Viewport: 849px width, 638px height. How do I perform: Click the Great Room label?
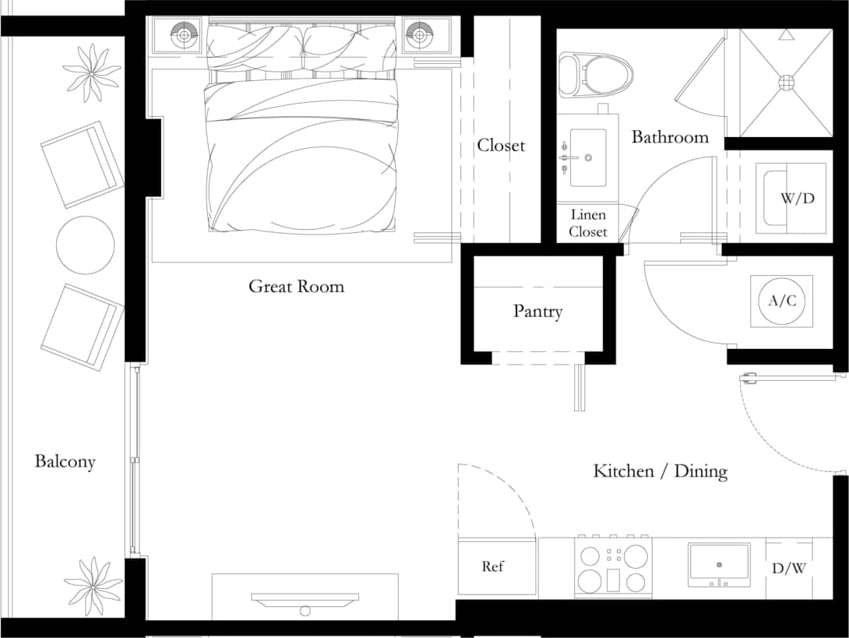pyautogui.click(x=296, y=287)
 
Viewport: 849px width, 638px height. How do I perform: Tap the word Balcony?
pyautogui.click(x=65, y=461)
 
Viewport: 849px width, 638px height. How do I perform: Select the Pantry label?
pyautogui.click(x=537, y=312)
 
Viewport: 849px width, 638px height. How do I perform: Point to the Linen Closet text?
pyautogui.click(x=587, y=224)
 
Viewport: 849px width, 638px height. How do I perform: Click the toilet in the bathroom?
pyautogui.click(x=596, y=75)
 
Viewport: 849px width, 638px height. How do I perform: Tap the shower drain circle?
pyautogui.click(x=785, y=81)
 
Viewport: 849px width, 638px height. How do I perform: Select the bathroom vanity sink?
pyautogui.click(x=588, y=157)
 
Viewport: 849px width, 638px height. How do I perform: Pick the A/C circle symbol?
pyautogui.click(x=782, y=301)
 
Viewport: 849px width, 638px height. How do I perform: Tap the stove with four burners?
pyautogui.click(x=613, y=568)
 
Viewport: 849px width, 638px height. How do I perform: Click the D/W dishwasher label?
pyautogui.click(x=788, y=569)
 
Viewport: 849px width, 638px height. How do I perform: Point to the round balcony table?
pyautogui.click(x=85, y=245)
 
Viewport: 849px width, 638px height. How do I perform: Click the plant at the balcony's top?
pyautogui.click(x=92, y=73)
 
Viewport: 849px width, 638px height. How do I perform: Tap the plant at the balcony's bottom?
pyautogui.click(x=93, y=585)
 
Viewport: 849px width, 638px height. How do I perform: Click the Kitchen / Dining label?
pyautogui.click(x=660, y=471)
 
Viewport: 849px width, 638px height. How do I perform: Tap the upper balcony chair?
pyautogui.click(x=82, y=164)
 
